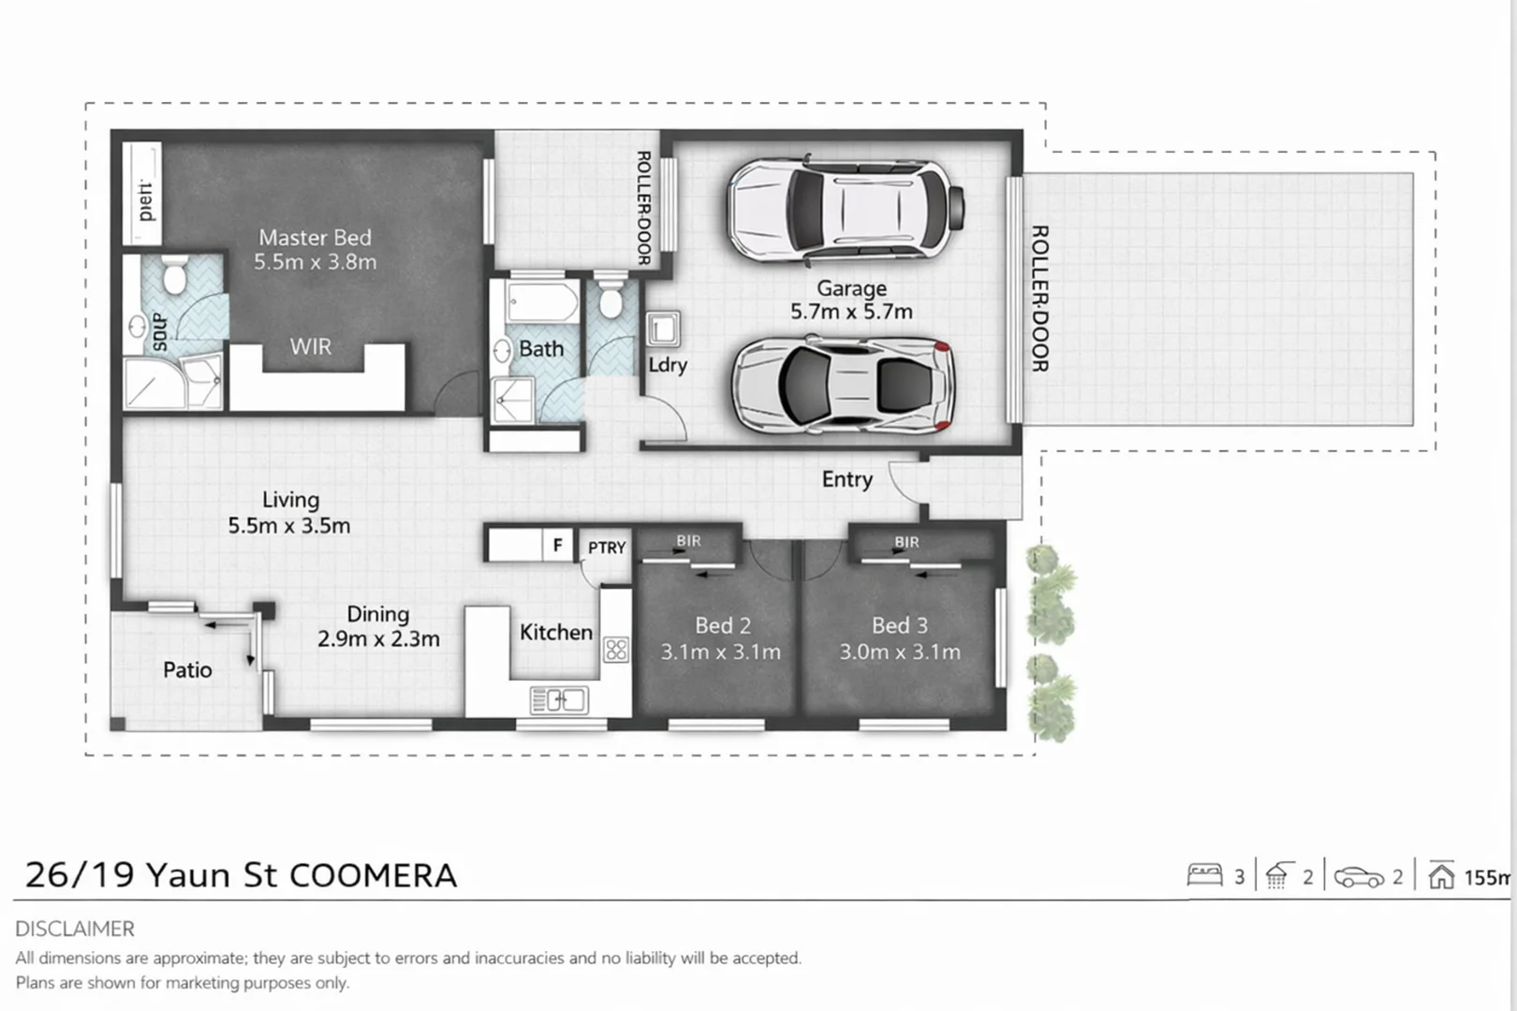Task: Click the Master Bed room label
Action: [315, 238]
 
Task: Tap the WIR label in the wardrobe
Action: [310, 347]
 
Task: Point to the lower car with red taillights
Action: [843, 385]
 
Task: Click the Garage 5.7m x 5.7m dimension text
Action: [850, 312]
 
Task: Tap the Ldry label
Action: [668, 365]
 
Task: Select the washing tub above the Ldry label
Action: [663, 330]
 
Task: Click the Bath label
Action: [541, 349]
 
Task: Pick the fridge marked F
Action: [557, 545]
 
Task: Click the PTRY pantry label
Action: [607, 548]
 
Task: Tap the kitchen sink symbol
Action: [558, 699]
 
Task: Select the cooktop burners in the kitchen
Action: [616, 649]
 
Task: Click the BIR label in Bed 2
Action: [688, 541]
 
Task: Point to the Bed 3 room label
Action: [899, 625]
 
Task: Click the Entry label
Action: [847, 479]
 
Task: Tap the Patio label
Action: [187, 670]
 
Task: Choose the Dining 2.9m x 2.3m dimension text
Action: [378, 639]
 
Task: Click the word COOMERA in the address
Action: [373, 875]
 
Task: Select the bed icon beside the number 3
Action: [1204, 875]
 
